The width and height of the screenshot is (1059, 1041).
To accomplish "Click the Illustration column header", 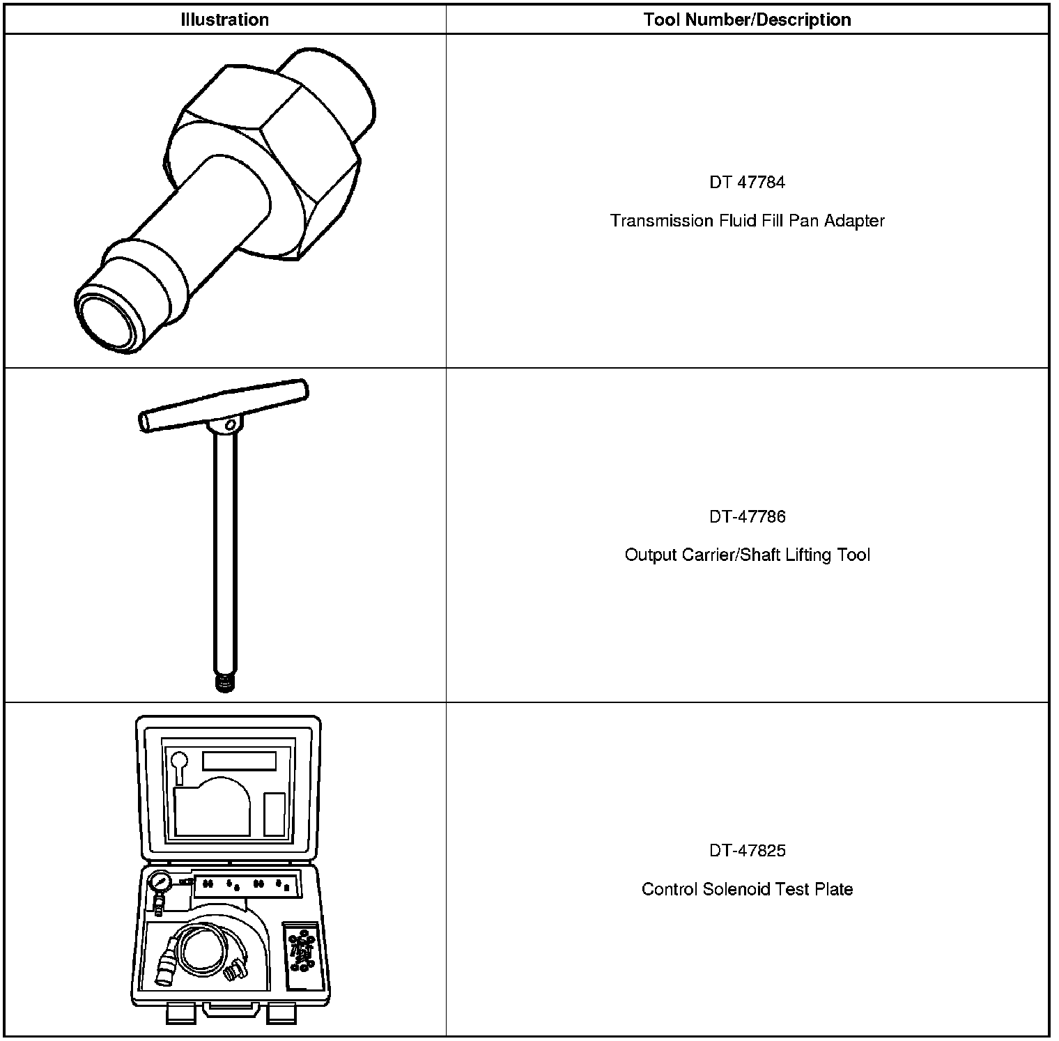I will pos(224,20).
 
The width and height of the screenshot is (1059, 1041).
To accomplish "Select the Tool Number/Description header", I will pos(747,20).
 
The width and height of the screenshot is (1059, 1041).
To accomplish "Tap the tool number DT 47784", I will pos(747,183).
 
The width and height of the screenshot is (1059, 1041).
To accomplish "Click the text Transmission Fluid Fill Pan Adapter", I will pos(747,221).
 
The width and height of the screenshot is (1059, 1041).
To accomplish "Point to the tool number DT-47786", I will pos(747,516).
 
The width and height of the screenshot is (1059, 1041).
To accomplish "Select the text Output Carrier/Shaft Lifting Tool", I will pos(747,555).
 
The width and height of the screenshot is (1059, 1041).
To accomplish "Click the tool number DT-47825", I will pos(747,850).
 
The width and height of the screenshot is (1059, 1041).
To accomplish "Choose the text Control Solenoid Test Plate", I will pos(747,889).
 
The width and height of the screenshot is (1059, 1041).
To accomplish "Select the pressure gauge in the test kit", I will pos(160,883).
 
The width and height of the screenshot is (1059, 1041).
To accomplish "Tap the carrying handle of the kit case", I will pos(231,1010).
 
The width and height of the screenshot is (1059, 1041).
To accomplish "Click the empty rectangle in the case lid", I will pos(239,760).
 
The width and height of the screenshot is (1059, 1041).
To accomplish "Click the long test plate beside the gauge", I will pos(247,885).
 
